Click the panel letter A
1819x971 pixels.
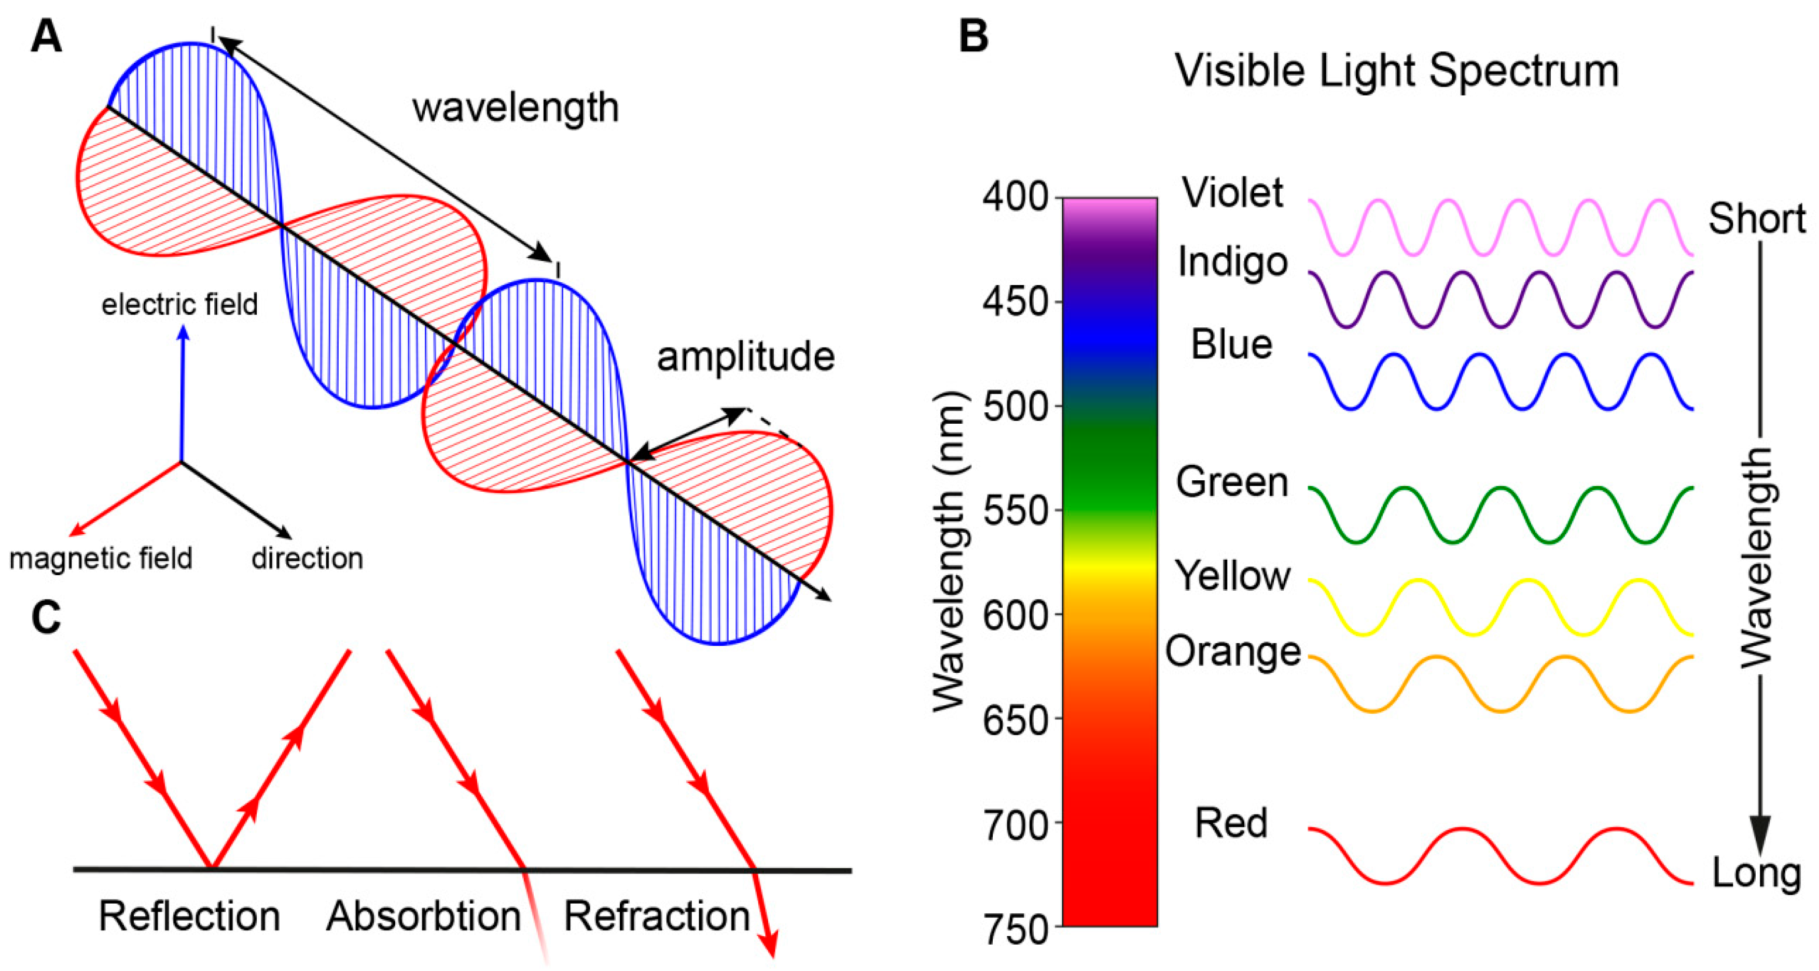(47, 37)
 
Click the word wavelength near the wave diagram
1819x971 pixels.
(516, 108)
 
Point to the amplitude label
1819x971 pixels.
(746, 357)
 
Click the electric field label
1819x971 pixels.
(180, 305)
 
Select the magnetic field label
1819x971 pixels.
(101, 559)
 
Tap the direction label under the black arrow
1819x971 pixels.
(307, 559)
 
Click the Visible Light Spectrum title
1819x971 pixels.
(1397, 72)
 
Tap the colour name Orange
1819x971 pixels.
(1233, 651)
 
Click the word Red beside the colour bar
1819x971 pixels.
(1231, 823)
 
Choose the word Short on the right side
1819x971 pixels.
(1756, 218)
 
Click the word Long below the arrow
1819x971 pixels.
(1756, 873)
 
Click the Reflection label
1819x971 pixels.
(189, 917)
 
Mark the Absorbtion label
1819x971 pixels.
(424, 917)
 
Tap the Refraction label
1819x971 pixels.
(657, 917)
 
